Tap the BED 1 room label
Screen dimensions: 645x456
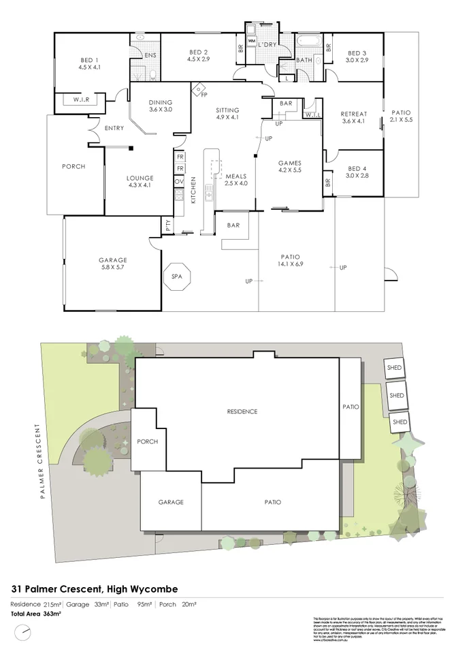point(89,60)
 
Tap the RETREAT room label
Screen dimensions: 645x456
point(354,114)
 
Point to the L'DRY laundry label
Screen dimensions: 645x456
point(267,44)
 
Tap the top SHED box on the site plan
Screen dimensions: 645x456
point(395,368)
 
